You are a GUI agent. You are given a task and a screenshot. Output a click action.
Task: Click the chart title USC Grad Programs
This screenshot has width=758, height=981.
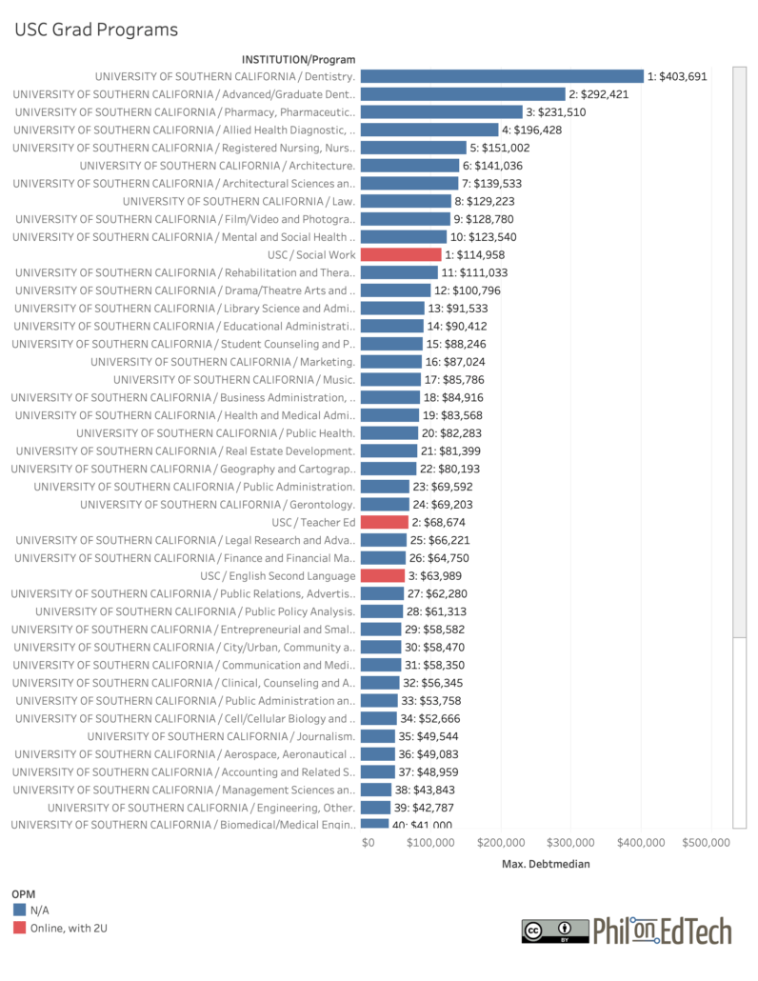pos(95,30)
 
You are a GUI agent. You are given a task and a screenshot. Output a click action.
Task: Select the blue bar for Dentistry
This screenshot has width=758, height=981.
pos(502,76)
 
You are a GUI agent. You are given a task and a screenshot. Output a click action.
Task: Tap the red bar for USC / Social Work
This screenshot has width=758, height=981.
pos(401,254)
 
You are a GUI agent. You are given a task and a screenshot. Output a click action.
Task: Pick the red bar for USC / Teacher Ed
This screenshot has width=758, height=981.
pos(384,522)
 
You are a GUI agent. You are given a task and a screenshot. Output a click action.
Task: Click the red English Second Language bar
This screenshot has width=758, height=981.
pos(383,575)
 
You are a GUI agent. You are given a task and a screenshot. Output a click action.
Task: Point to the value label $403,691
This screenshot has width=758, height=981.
pos(677,76)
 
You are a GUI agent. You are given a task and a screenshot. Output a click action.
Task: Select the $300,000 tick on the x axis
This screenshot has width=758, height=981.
pos(573,843)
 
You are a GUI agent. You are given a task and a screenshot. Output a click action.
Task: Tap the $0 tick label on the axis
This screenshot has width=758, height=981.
pos(368,843)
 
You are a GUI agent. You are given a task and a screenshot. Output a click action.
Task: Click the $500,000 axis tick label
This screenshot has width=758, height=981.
pos(705,843)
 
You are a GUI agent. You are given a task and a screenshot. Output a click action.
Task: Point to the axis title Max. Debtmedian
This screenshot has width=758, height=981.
pos(546,865)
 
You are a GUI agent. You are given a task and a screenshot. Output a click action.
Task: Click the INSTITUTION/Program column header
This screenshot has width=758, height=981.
pos(298,59)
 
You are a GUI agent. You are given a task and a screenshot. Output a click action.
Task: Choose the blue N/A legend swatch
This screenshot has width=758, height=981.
pos(19,911)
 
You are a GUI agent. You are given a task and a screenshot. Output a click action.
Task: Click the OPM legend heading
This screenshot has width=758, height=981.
pos(24,894)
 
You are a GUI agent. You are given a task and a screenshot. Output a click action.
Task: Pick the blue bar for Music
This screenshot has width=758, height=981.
pos(390,379)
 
